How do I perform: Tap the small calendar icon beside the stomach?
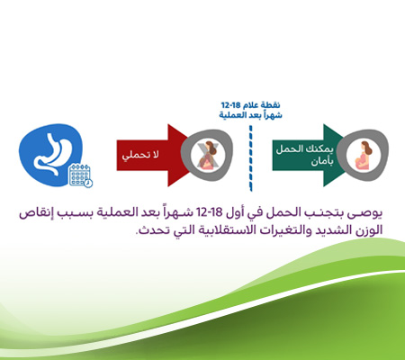tap(81, 175)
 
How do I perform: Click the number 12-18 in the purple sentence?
tap(225, 214)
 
